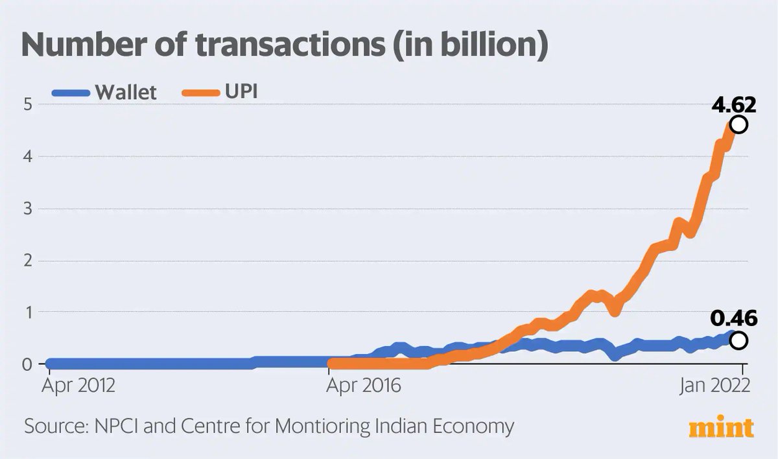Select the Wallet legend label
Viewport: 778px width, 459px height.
point(126,92)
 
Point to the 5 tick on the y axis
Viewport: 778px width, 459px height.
point(27,104)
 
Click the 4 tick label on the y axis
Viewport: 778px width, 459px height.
point(27,156)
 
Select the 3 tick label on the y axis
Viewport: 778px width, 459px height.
point(27,209)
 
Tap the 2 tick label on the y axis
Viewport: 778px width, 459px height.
point(27,261)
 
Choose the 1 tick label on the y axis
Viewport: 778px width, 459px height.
point(27,312)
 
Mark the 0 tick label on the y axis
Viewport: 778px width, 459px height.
point(27,364)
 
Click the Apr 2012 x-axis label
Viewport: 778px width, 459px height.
point(78,386)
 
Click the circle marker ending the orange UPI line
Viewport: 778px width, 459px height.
point(738,124)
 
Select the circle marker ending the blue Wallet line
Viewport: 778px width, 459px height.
point(738,340)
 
